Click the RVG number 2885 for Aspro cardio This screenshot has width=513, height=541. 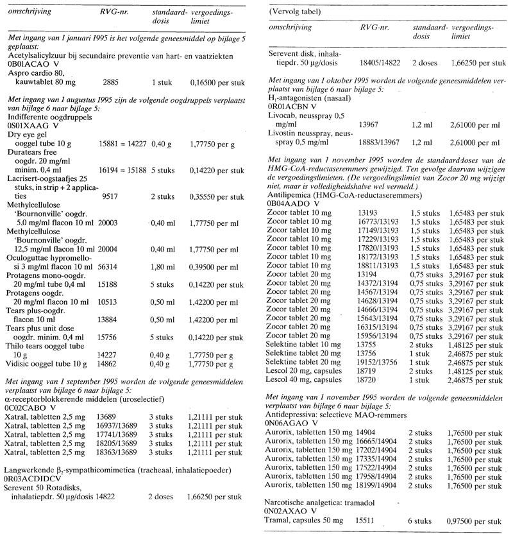click(111, 83)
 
